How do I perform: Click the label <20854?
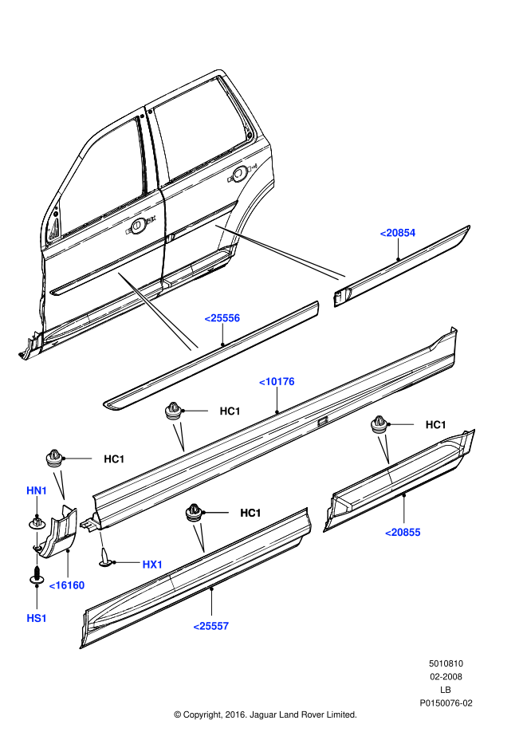point(398,233)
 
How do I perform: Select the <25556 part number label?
point(222,318)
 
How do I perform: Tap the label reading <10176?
point(277,382)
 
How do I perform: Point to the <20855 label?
point(403,533)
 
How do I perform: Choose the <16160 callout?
point(67,585)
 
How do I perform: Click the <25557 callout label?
point(211,626)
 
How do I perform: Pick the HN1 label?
point(37,490)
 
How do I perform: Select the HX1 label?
point(152,565)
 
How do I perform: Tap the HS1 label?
point(37,618)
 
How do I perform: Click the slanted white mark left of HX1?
point(101,539)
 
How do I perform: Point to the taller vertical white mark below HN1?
point(37,539)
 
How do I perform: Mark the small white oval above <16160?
point(37,559)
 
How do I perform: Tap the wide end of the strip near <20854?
point(342,277)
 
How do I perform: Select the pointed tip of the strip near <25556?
point(119,274)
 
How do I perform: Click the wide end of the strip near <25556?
point(194,348)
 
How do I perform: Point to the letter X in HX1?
point(152,565)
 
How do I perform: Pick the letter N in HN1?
point(37,490)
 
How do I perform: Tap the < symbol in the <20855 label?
point(388,533)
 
